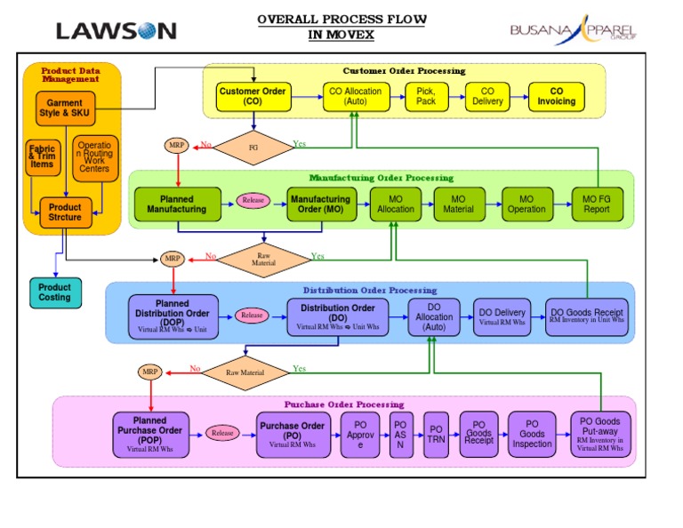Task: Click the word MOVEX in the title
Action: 341,35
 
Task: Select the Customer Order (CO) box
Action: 253,97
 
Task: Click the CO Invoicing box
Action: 556,97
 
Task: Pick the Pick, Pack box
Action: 426,97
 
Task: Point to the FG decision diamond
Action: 253,148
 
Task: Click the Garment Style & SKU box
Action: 65,108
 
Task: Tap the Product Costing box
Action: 55,292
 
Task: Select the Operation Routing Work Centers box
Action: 94,158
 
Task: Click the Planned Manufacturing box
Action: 176,204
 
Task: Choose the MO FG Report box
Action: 597,204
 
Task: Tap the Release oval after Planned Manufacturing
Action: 253,201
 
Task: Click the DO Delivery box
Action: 502,316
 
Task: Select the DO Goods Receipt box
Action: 587,316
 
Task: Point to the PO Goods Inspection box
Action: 532,435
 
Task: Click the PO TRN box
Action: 436,435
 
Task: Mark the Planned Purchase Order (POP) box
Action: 149,435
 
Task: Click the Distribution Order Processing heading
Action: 370,290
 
